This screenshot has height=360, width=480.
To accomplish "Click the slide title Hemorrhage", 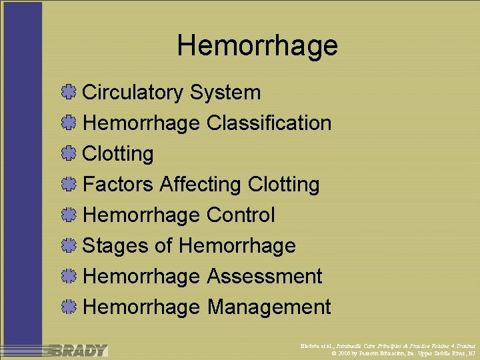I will tap(257, 46).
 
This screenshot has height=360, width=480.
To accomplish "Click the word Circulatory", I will tap(132, 92).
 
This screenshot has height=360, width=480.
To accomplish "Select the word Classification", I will tap(269, 123).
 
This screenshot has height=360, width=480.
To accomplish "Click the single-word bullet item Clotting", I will tap(118, 153).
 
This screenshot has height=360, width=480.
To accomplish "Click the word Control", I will tap(241, 215).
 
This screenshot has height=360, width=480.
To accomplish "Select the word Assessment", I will tap(264, 276).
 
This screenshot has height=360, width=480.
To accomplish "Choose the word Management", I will tap(269, 307).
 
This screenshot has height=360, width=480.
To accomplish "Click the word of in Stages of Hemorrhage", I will tap(163, 245).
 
